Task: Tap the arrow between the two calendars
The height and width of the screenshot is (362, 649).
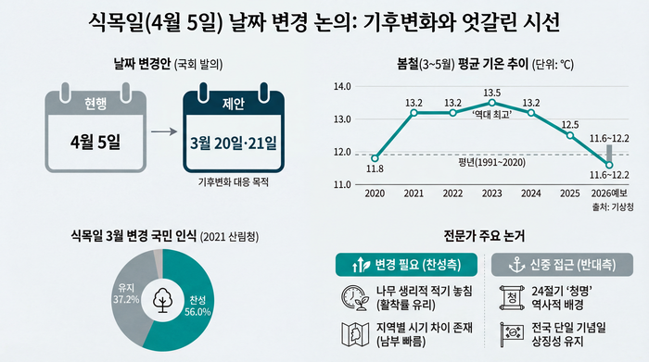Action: (164, 131)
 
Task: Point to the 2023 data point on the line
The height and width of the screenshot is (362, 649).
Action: (492, 103)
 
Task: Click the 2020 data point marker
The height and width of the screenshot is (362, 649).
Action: (375, 157)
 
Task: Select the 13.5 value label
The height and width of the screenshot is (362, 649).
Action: (492, 92)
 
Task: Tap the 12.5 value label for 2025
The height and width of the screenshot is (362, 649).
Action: (571, 124)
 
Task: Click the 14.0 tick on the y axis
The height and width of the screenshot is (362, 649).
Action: (342, 86)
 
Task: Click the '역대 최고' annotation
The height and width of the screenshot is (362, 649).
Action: (492, 114)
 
